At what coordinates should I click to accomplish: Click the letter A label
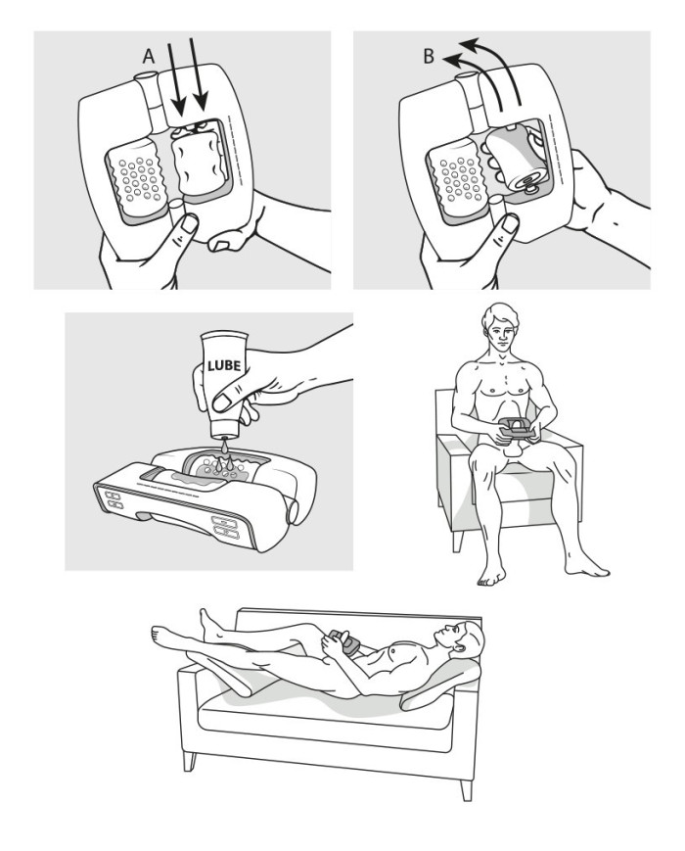pyautogui.click(x=148, y=57)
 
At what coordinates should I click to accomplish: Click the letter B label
pyautogui.click(x=429, y=57)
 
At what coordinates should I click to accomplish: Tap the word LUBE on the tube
pyautogui.click(x=224, y=365)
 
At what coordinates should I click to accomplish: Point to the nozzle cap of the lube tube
pyautogui.click(x=224, y=433)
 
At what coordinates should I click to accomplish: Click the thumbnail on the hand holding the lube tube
pyautogui.click(x=222, y=402)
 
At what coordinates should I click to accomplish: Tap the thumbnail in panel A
pyautogui.click(x=188, y=223)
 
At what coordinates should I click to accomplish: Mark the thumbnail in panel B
pyautogui.click(x=509, y=224)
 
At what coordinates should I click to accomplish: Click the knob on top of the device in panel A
pyautogui.click(x=144, y=77)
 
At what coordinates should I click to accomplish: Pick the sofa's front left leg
pyautogui.click(x=189, y=761)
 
